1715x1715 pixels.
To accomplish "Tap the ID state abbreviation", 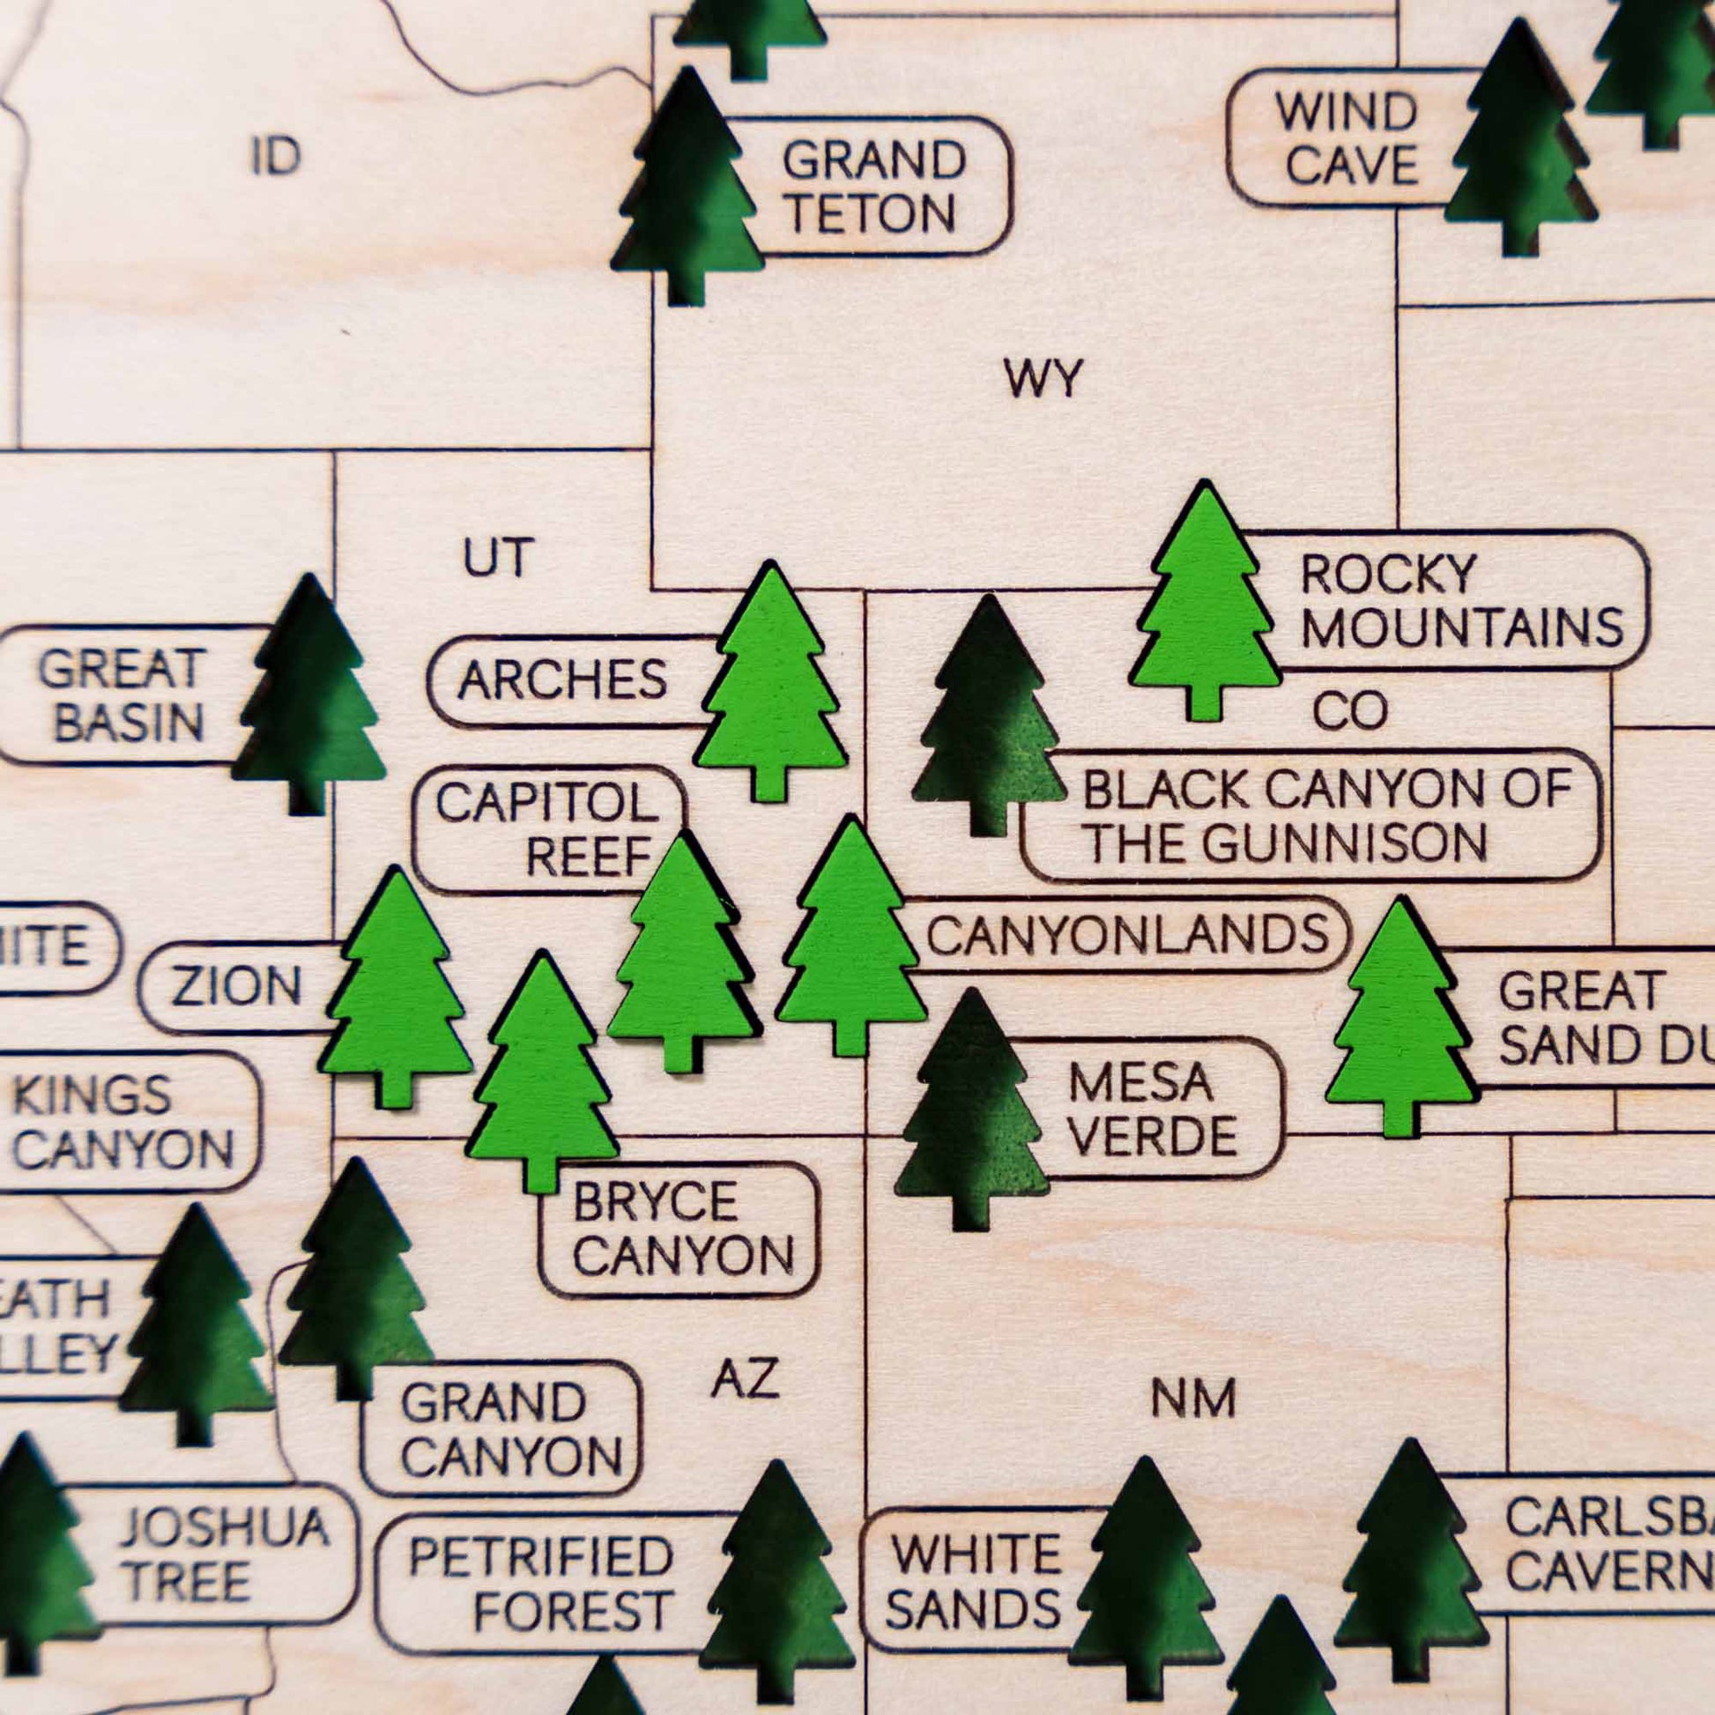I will pos(275,157).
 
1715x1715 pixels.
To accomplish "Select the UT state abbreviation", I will pos(497,559).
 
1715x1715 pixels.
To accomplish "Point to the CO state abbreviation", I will pos(1349,711).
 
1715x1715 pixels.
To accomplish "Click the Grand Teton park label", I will pos(872,187).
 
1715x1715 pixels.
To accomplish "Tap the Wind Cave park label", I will pos(1349,138).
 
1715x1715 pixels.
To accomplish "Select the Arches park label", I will pos(563,681).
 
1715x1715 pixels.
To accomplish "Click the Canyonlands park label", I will pos(1127,935).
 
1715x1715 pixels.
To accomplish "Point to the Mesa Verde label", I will pos(1152,1109).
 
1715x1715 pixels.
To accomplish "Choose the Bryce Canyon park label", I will pos(682,1229).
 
